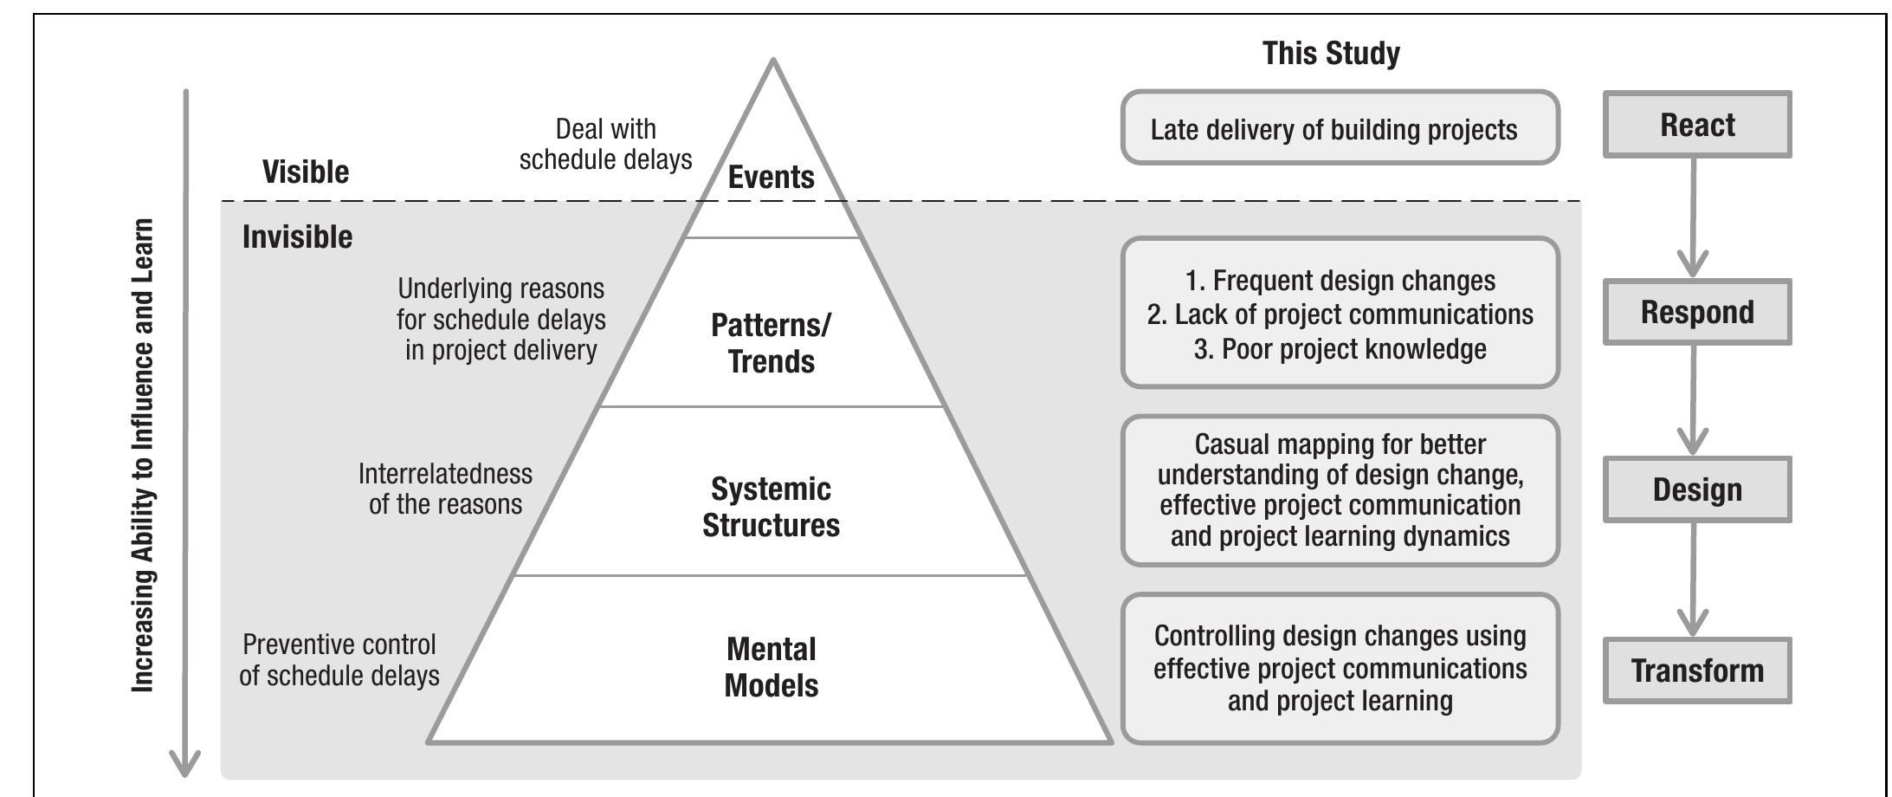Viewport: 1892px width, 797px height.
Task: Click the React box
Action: click(x=1696, y=125)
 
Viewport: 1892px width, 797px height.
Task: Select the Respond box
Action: click(x=1696, y=312)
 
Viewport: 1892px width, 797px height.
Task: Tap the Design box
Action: click(x=1696, y=489)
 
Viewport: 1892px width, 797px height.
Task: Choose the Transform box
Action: click(x=1696, y=671)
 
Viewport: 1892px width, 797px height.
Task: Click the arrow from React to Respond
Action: click(x=1693, y=217)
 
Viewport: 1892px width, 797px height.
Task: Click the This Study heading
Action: click(x=1330, y=54)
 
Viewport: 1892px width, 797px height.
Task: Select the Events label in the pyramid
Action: click(x=771, y=178)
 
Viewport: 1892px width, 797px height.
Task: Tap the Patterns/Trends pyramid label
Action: click(x=771, y=343)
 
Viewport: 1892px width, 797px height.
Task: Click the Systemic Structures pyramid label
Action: click(x=771, y=507)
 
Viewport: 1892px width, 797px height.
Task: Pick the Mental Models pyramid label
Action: click(x=771, y=667)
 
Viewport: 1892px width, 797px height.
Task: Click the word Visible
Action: click(x=306, y=172)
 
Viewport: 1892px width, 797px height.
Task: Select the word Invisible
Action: click(x=297, y=237)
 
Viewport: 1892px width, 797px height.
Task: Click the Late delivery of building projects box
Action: click(x=1339, y=128)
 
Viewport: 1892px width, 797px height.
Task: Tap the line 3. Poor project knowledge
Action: click(x=1340, y=349)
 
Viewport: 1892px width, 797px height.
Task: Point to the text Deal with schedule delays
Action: click(x=605, y=144)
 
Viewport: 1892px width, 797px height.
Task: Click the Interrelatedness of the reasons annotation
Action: click(x=445, y=489)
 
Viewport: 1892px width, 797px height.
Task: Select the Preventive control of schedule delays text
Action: click(x=339, y=660)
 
